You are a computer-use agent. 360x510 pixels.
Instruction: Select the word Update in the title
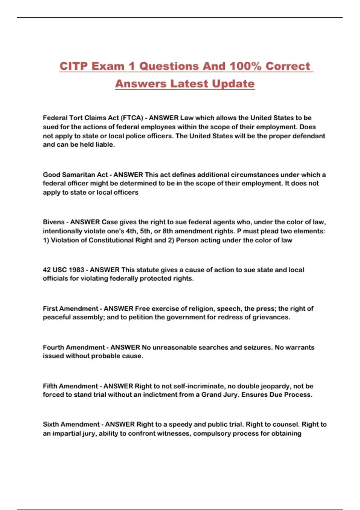pos(233,84)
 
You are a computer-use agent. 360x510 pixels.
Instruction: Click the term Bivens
pos(53,222)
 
